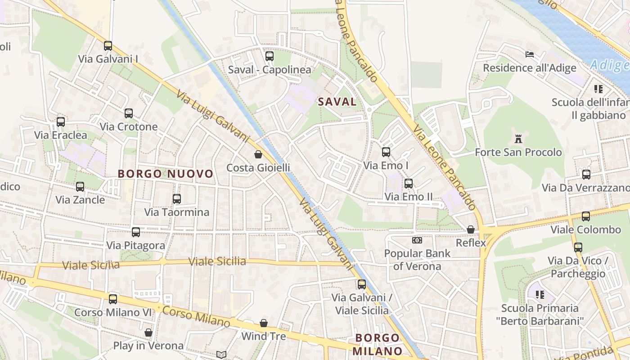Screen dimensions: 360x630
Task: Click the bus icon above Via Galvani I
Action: [108, 45]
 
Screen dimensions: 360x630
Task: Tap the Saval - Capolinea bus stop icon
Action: [269, 56]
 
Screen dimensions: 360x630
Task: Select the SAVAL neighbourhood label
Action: [337, 102]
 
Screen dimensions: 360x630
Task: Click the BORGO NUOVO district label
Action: [165, 174]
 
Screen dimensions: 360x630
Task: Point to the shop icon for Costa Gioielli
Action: [258, 154]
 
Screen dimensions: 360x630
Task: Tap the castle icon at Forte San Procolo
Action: [518, 139]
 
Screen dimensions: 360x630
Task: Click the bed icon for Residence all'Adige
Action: [530, 54]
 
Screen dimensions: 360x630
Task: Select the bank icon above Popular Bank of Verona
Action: [417, 240]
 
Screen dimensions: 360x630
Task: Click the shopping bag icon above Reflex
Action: [471, 229]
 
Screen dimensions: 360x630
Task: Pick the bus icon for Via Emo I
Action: [386, 152]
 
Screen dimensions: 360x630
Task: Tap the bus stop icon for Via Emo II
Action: [408, 183]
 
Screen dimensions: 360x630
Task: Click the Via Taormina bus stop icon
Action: [176, 198]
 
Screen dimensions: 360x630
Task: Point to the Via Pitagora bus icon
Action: [135, 232]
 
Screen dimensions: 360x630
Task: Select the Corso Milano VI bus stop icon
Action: [112, 299]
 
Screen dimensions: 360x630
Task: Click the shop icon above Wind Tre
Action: [264, 323]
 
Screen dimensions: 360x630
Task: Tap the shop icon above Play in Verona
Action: [148, 333]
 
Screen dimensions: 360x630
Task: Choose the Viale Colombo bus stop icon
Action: [585, 216]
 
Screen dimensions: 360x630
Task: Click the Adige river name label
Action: [610, 65]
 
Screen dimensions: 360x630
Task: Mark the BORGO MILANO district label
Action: [377, 344]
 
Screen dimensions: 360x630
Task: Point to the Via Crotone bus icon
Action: [129, 113]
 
